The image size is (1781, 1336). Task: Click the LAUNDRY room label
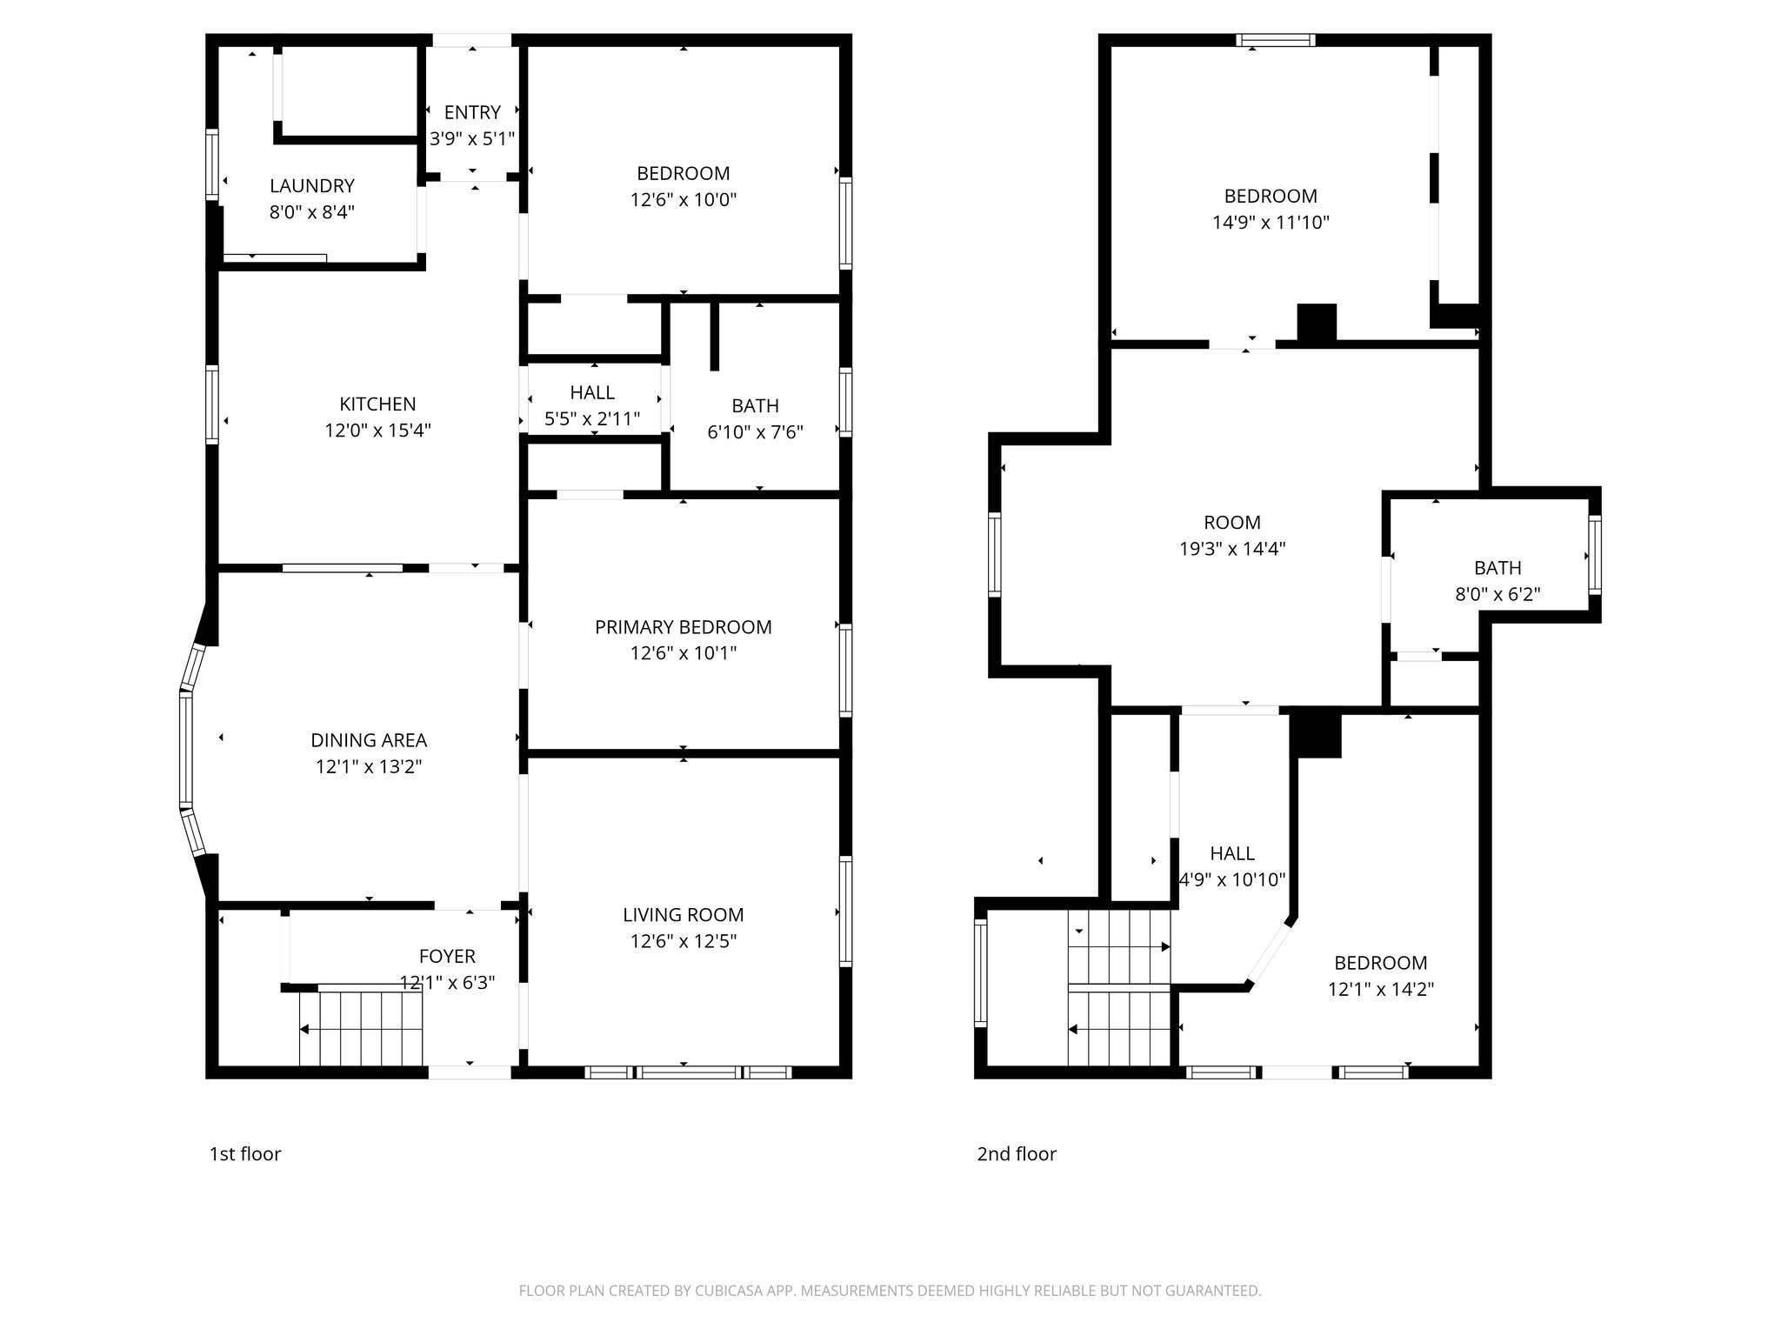click(x=311, y=186)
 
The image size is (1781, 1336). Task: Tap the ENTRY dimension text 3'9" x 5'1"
click(x=472, y=138)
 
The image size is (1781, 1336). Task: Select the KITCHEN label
click(x=377, y=404)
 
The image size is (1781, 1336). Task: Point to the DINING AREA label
click(x=369, y=740)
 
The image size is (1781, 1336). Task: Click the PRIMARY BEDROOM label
click(x=683, y=627)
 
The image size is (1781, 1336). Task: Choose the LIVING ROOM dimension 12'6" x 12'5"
click(x=683, y=941)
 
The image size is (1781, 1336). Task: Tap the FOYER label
click(x=447, y=957)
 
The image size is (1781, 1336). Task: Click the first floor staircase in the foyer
click(x=362, y=1028)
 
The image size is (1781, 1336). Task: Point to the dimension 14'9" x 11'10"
click(x=1271, y=223)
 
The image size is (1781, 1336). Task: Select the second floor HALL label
click(x=1232, y=854)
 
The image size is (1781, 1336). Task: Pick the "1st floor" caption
click(x=245, y=1154)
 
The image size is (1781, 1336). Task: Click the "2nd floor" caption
click(x=1017, y=1154)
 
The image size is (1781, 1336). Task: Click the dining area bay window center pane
click(x=185, y=748)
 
